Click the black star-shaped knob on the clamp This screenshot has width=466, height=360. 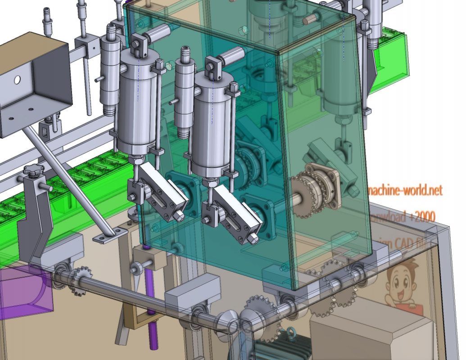(33, 171)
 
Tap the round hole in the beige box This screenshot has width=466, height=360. (17, 80)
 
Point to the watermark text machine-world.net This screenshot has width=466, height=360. (405, 190)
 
